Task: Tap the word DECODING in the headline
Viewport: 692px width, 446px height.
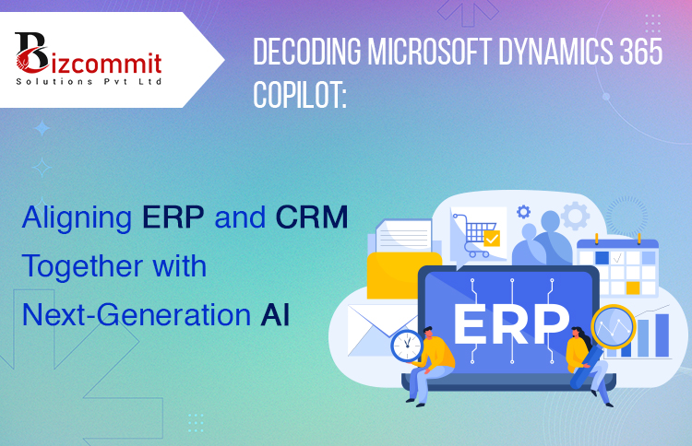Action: [307, 52]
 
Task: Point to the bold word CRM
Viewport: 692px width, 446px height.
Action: [312, 217]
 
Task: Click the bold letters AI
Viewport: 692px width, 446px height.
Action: [275, 314]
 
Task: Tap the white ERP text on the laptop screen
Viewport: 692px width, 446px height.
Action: [511, 323]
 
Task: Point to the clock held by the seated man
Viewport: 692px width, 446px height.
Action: [407, 346]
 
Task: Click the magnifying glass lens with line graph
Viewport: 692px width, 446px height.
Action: [614, 326]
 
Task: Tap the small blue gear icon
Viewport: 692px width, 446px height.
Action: [523, 212]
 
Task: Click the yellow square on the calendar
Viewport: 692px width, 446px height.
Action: [633, 288]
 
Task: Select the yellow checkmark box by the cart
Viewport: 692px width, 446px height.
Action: [492, 239]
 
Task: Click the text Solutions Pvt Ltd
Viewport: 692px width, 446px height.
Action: [89, 81]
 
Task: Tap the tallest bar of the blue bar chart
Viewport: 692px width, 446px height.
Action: [662, 335]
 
